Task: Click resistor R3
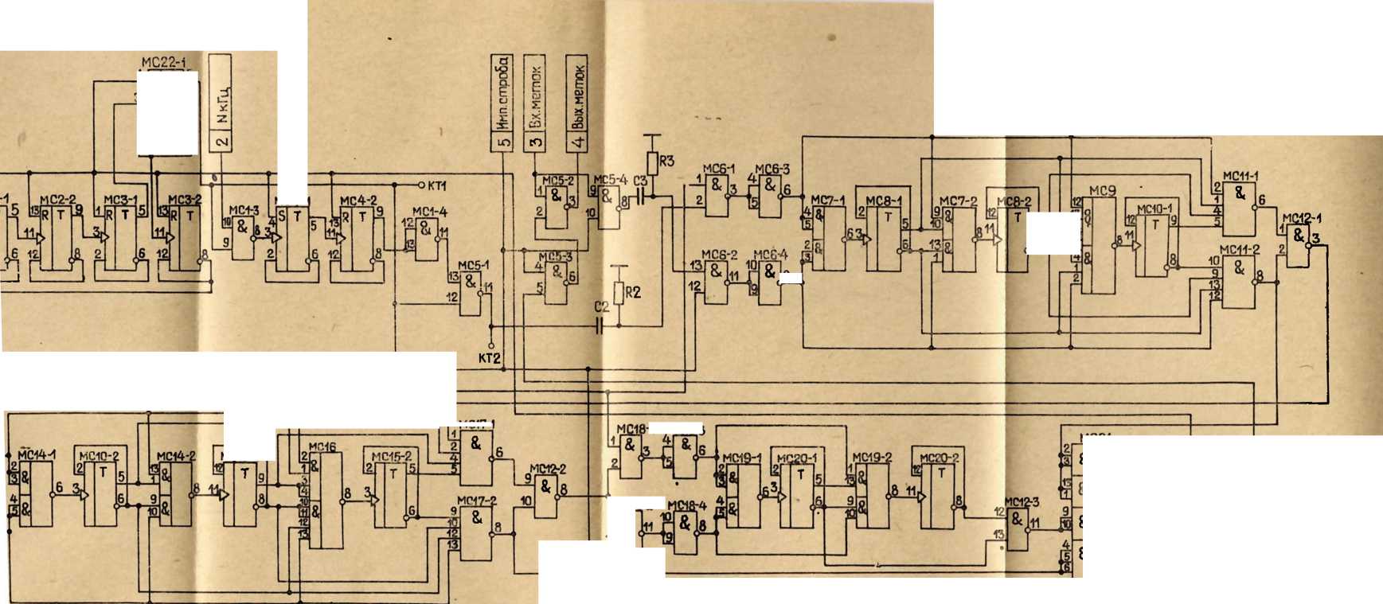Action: point(652,163)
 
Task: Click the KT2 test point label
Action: point(489,358)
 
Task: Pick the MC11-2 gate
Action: point(1239,282)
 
